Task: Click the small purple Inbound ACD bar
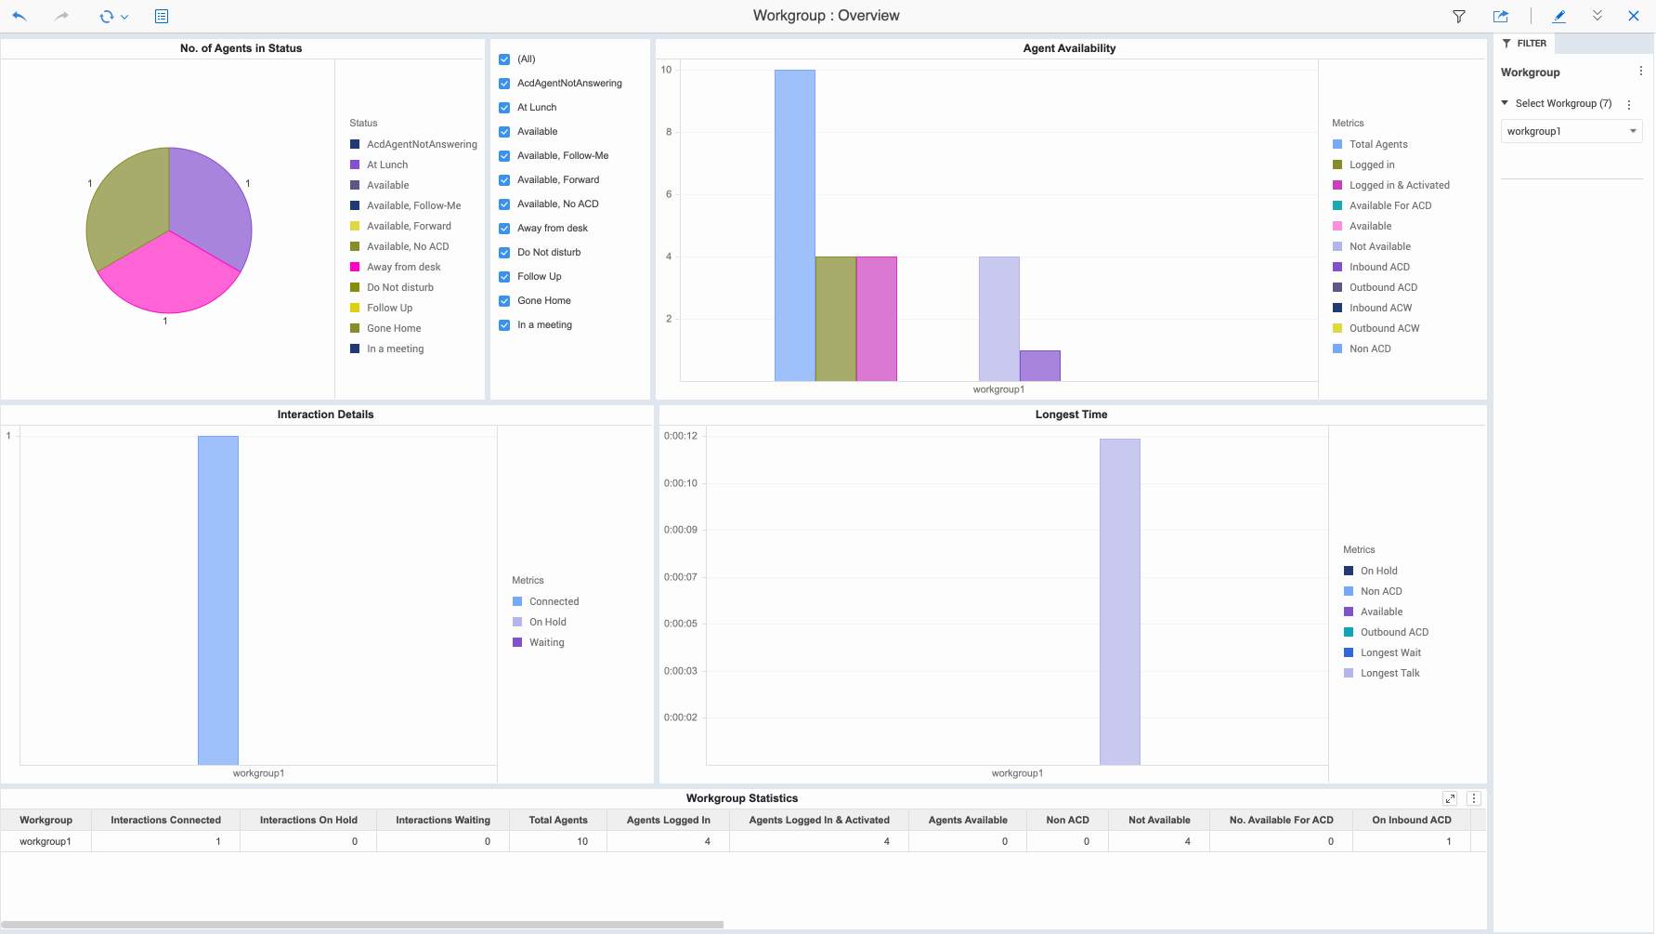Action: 1039,365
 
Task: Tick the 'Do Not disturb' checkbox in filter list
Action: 504,253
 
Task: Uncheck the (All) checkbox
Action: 504,59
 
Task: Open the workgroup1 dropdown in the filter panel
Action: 1571,131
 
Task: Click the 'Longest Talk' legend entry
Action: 1389,673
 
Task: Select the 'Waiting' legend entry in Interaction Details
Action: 546,642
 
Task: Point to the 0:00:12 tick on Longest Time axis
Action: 680,436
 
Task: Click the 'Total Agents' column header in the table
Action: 557,820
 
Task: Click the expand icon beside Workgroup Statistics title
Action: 1449,798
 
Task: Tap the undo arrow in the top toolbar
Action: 20,16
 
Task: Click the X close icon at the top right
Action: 1633,16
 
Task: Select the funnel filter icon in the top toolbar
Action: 1458,16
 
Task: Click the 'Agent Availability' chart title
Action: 1069,48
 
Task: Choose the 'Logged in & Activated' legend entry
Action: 1399,185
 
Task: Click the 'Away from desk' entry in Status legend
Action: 403,267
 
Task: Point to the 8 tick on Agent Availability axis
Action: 669,132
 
